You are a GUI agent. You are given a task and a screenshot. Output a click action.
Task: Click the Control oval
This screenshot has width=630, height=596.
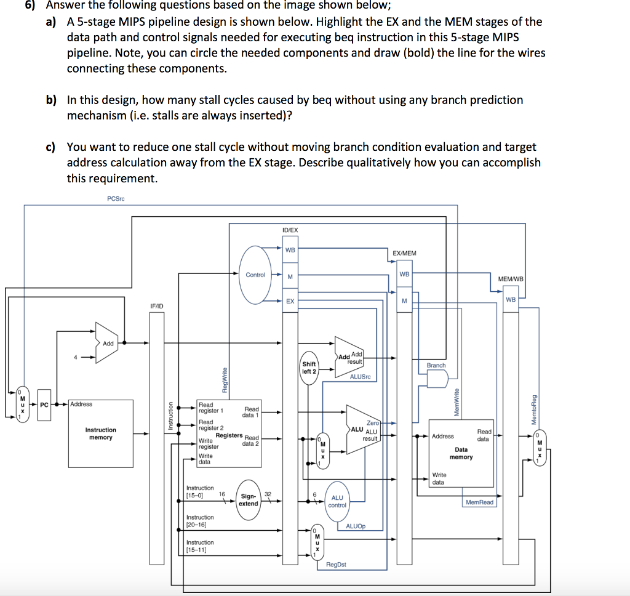(x=255, y=275)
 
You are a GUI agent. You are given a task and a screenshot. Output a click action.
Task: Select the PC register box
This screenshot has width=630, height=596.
(x=44, y=405)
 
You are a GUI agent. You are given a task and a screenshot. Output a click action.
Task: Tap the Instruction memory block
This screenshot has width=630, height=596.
(x=100, y=433)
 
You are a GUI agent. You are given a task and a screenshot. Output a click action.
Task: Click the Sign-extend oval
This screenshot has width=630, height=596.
(x=249, y=500)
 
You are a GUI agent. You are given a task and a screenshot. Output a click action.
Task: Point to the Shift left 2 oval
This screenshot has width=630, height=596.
(x=309, y=368)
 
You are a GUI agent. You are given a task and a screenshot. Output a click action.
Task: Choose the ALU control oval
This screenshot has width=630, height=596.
(x=337, y=501)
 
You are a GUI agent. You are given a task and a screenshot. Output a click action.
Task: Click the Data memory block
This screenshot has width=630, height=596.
(x=461, y=453)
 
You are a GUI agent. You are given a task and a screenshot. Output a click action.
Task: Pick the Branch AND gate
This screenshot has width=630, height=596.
(x=437, y=379)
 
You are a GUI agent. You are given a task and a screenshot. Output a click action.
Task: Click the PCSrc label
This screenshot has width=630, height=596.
(x=116, y=199)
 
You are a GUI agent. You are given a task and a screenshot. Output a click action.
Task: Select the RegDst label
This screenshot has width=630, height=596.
(x=336, y=564)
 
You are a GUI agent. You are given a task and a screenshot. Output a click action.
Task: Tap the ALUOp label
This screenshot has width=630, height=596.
(x=356, y=526)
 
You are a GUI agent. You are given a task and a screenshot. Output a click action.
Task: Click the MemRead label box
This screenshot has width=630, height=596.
(x=479, y=502)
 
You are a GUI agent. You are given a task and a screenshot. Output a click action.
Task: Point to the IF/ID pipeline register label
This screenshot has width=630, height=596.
(x=157, y=306)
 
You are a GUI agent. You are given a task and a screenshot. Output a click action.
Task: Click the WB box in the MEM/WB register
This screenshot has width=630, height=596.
(x=511, y=300)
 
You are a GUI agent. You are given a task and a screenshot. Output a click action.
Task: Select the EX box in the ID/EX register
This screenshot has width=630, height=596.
(x=290, y=301)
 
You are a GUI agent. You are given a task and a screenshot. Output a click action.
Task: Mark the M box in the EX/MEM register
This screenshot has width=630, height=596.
(x=404, y=300)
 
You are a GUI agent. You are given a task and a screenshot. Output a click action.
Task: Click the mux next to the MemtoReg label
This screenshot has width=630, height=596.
(x=540, y=448)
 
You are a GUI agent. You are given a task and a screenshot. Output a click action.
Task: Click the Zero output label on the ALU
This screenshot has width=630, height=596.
(x=373, y=423)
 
